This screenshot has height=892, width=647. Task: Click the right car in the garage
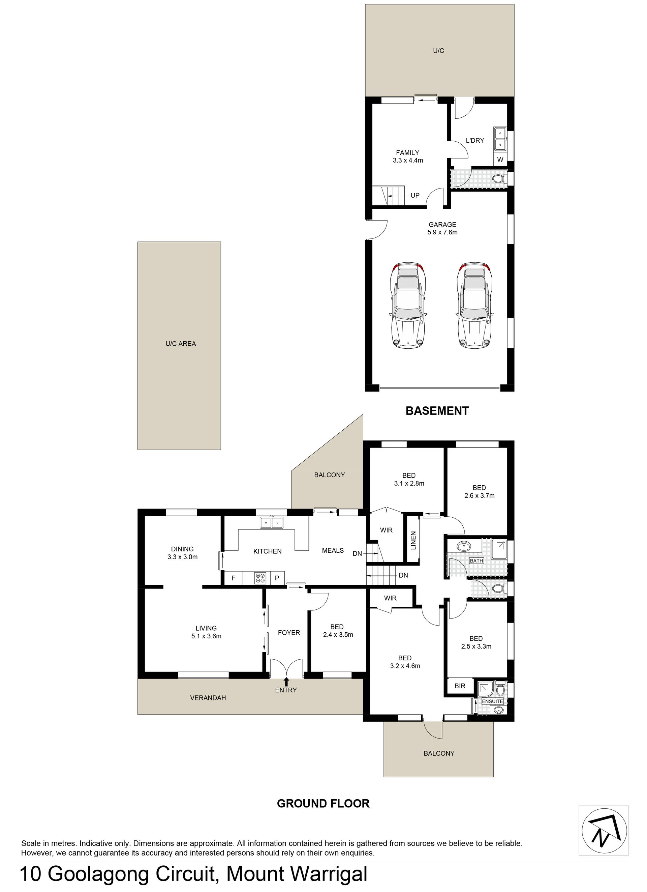pos(474,306)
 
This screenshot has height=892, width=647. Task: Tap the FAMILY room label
pos(408,152)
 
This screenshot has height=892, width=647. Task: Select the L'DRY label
pos(475,140)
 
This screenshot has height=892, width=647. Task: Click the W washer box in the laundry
pos(500,160)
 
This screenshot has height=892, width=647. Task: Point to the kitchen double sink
pos(272,523)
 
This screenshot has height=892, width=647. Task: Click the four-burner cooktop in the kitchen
pos(260,578)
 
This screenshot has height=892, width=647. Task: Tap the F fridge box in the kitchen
pos(234,578)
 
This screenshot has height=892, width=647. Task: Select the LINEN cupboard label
pos(413,540)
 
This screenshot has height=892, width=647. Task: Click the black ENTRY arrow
pos(286,682)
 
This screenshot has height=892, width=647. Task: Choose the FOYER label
pos(289,632)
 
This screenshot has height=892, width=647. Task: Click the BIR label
pos(460,686)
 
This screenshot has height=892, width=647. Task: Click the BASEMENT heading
pos(437,411)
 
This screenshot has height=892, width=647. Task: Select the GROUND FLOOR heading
pos(323,803)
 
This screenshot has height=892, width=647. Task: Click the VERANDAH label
pos(208,698)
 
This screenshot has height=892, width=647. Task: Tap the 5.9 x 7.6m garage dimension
pos(442,232)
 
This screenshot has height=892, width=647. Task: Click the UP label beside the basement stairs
pos(415,195)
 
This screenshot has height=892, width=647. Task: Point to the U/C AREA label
pos(181,343)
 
